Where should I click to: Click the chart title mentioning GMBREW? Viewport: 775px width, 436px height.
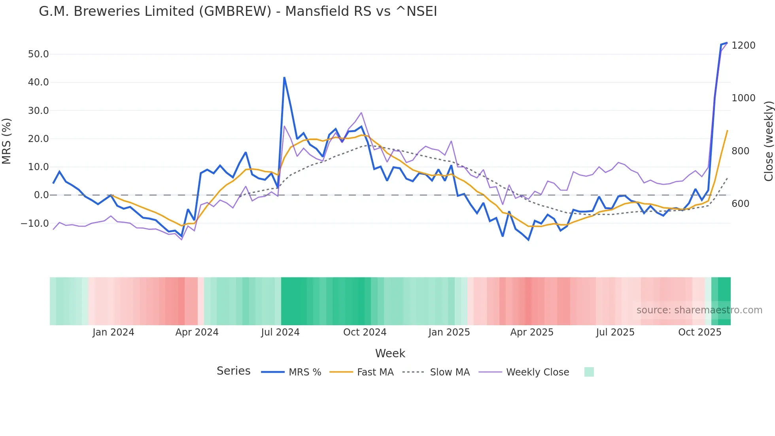coord(238,11)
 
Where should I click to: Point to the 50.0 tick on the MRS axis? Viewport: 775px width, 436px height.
coord(38,54)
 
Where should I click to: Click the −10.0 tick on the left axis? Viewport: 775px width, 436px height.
coord(35,223)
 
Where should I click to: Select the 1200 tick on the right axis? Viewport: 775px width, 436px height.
coord(743,45)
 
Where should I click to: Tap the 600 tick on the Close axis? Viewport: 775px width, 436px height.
coord(740,204)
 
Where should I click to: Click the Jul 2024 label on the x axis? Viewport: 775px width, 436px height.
coord(280,332)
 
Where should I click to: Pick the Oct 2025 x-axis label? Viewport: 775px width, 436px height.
coord(699,332)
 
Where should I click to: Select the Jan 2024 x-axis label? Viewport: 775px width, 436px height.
coord(113,332)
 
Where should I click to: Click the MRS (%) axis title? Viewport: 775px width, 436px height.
coord(7,141)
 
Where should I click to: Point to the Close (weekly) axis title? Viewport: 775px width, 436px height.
coord(768,141)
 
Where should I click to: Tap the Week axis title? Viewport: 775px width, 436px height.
coord(390,353)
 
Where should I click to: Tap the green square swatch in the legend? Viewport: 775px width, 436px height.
coord(589,372)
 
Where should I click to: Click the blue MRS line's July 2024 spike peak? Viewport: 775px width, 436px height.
coord(284,78)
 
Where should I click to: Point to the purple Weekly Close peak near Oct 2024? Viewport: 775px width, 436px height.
coord(361,113)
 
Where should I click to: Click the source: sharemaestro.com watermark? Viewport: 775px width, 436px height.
coord(699,310)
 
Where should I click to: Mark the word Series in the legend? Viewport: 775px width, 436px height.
coord(233,371)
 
